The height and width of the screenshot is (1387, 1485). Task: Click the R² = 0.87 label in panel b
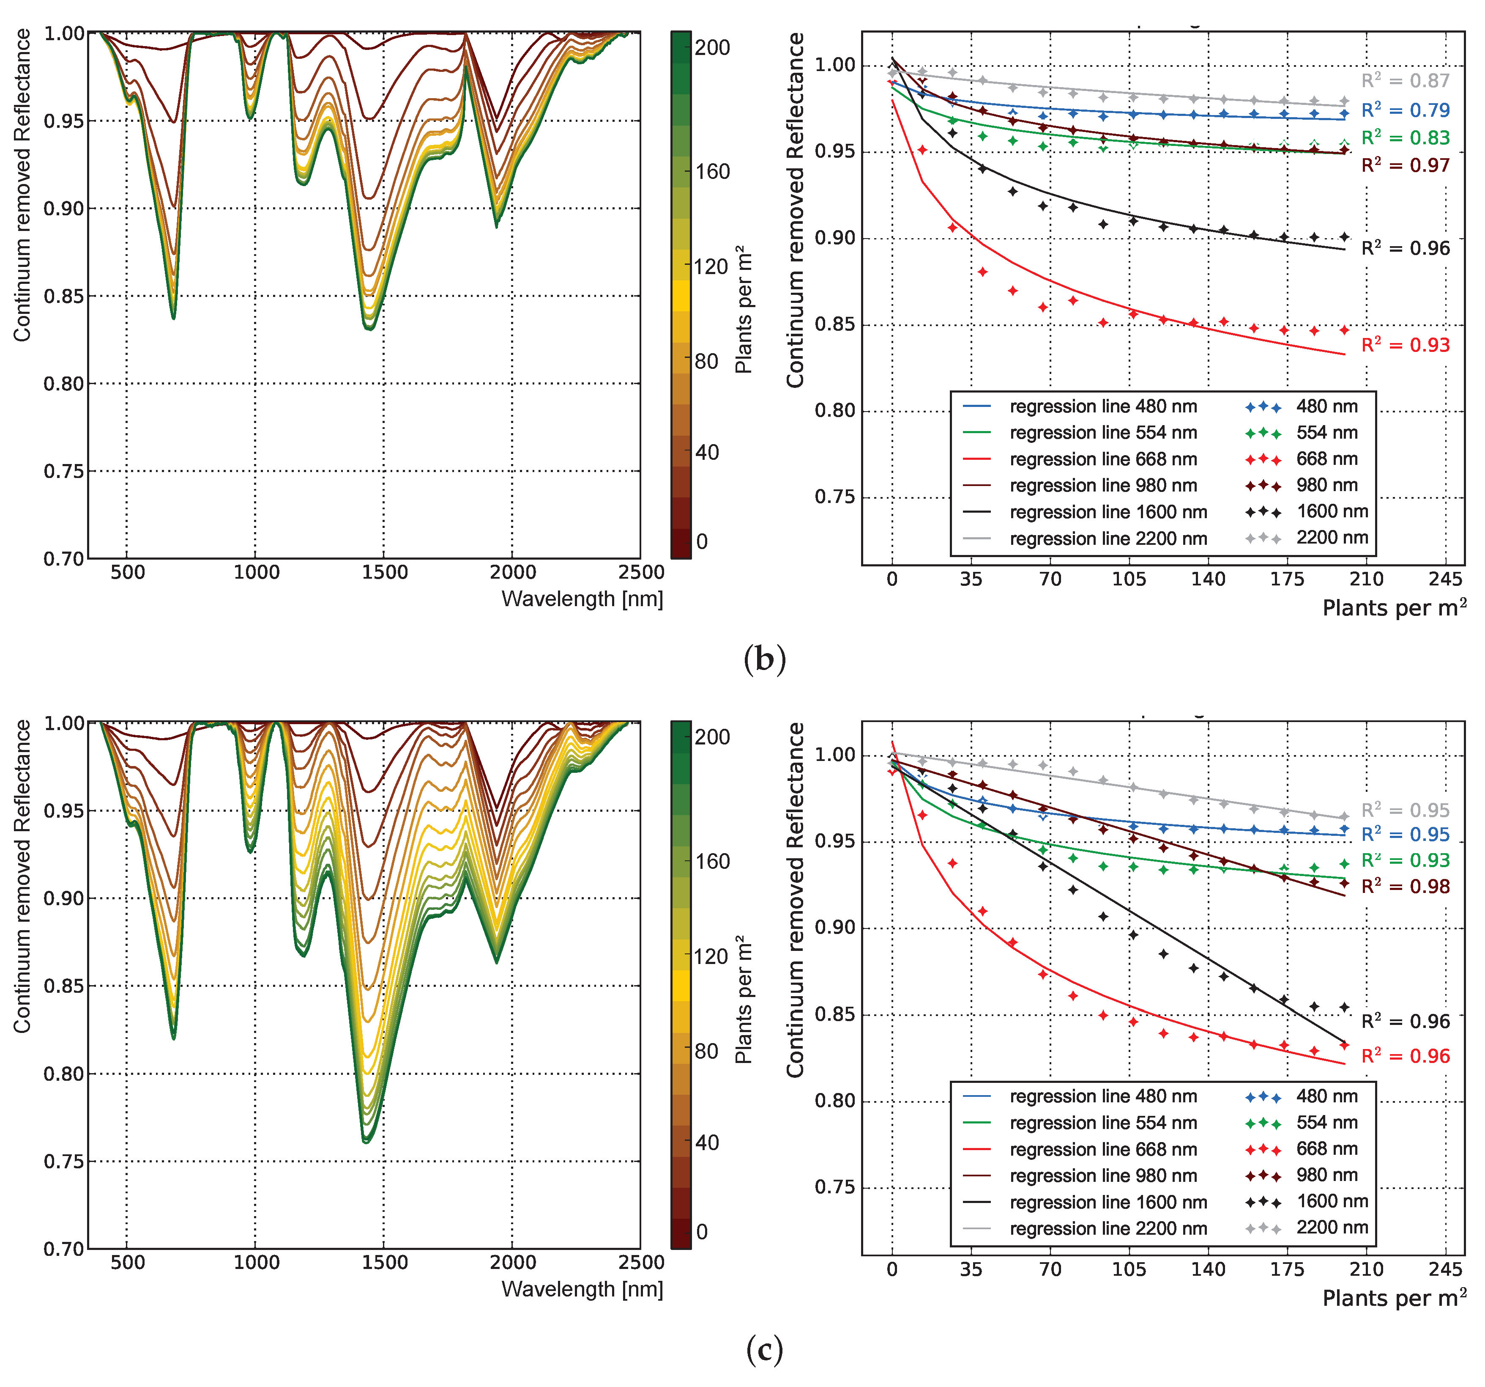1404,81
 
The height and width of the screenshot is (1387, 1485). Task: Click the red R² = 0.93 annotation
1404,345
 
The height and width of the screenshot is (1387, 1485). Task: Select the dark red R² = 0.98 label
1404,886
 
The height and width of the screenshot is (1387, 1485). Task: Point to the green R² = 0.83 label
1404,137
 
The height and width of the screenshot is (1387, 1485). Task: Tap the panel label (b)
764,659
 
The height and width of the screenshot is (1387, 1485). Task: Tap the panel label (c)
764,1349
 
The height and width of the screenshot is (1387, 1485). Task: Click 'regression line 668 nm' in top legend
1102,459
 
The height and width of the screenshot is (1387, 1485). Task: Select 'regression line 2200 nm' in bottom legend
1108,1228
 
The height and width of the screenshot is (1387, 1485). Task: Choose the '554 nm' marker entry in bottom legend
1326,1123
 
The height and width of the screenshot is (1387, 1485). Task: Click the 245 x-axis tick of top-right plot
1445,579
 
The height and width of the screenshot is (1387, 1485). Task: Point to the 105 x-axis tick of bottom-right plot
1129,1269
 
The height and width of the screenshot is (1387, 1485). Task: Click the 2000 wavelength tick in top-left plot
512,572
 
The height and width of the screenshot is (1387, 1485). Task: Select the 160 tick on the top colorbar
712,172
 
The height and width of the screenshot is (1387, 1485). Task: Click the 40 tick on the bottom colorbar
707,1143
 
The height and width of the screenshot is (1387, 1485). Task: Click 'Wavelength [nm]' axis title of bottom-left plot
582,1289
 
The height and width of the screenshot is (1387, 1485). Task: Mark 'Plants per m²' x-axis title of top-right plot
1393,607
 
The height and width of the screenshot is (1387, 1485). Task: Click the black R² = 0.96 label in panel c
1404,1022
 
